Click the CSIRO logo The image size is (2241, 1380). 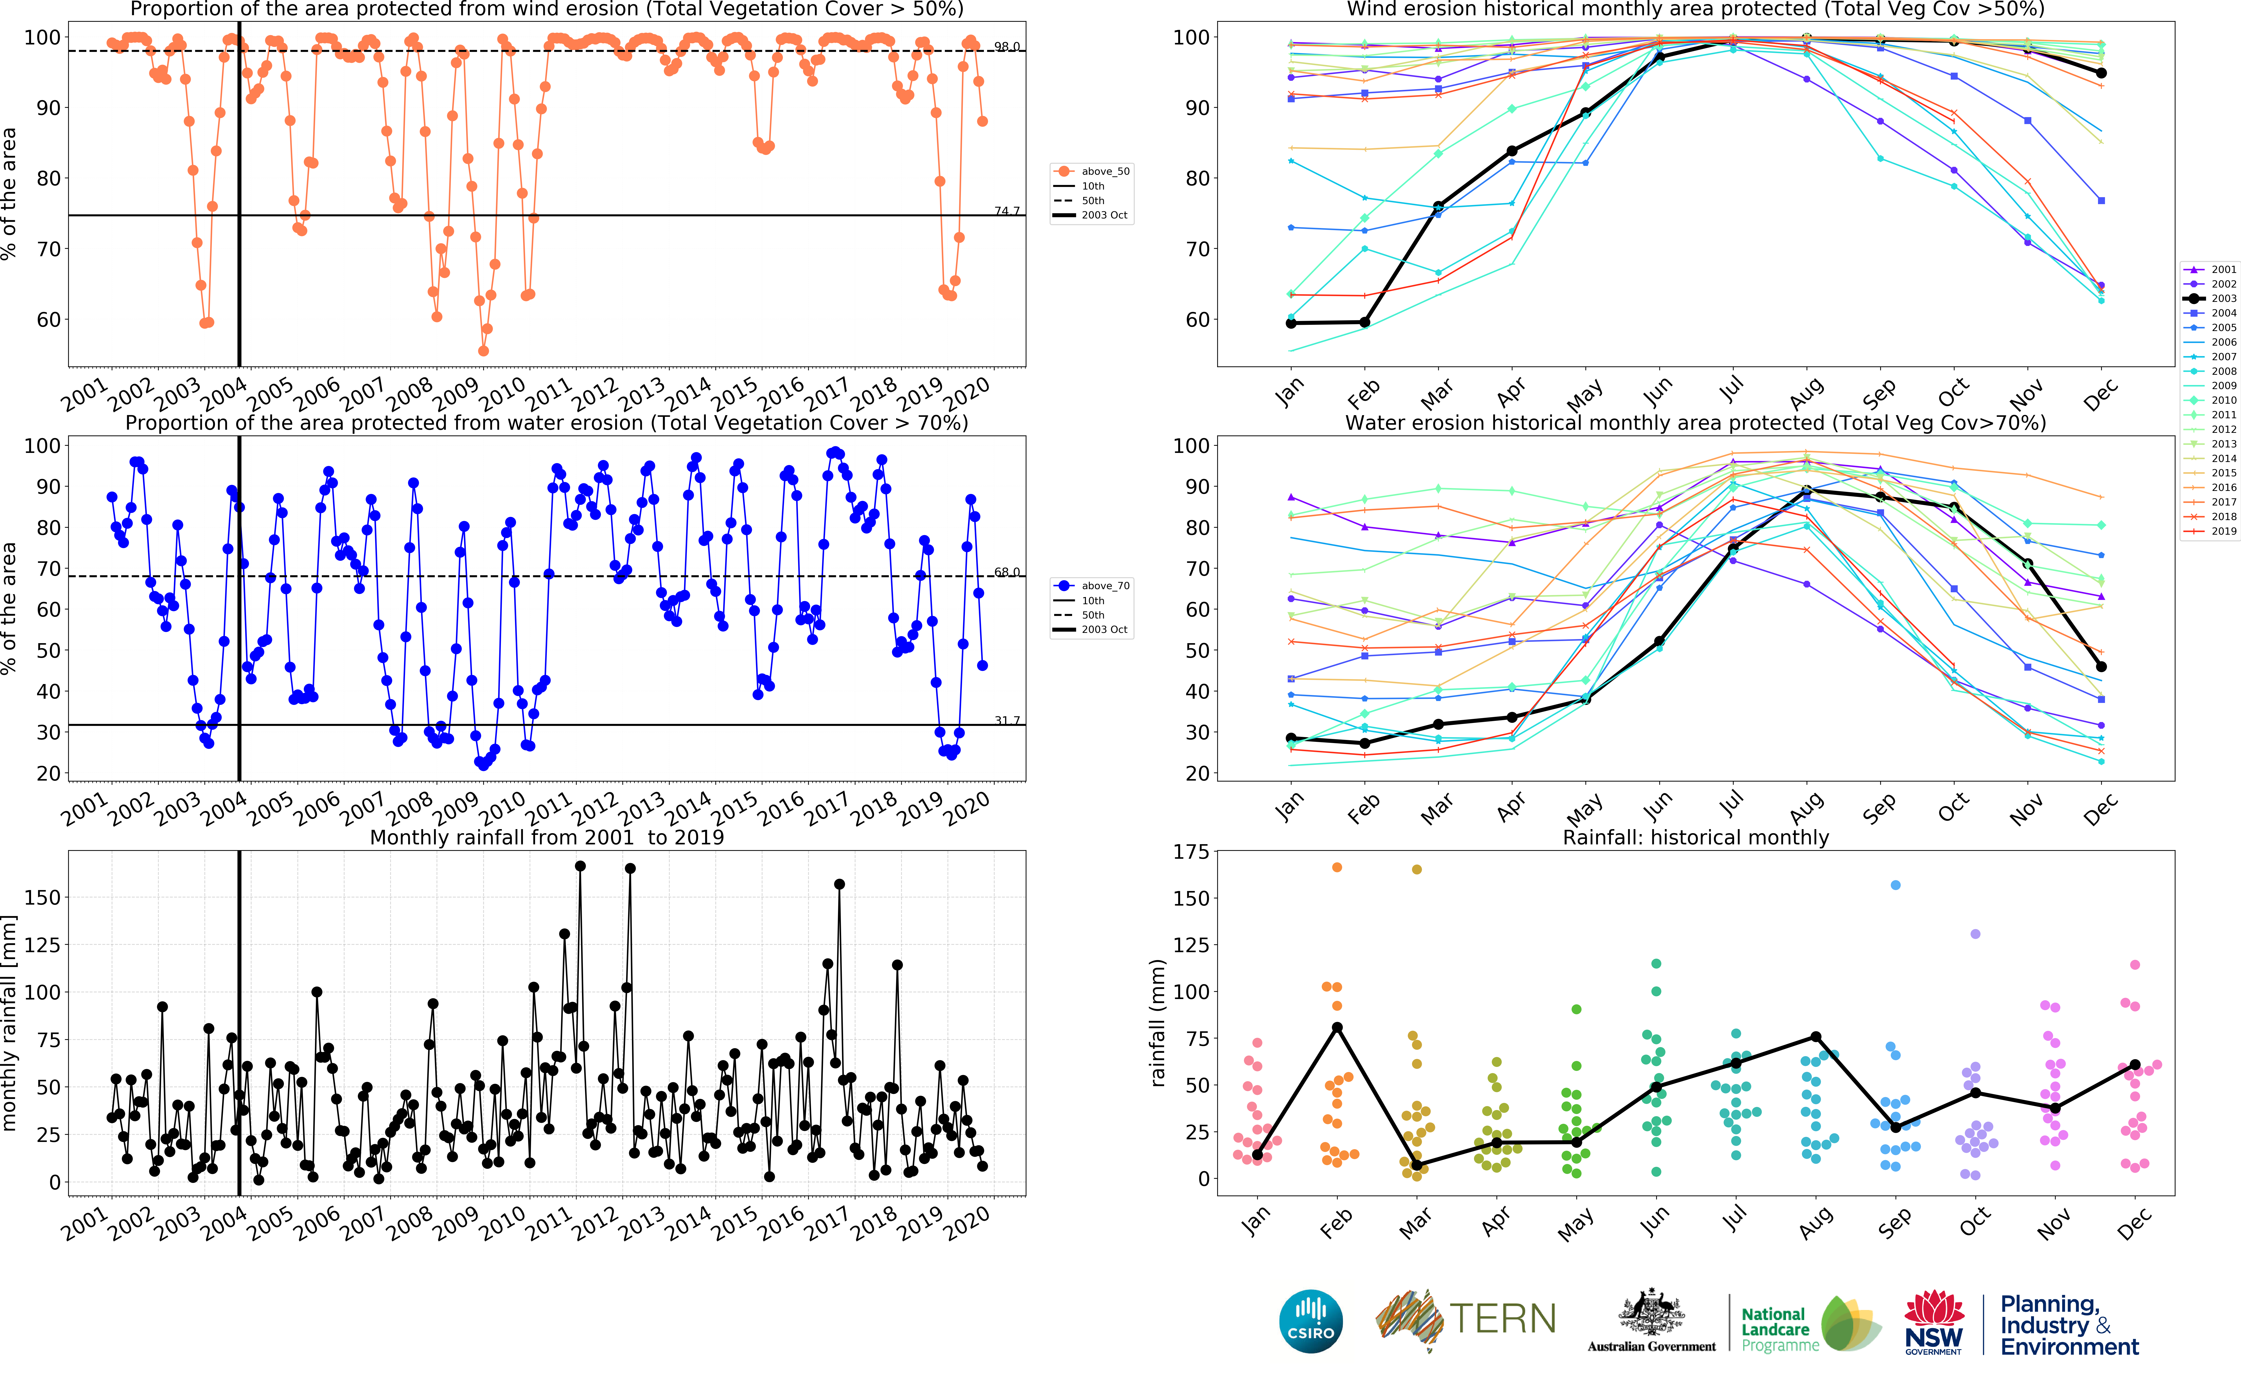pyautogui.click(x=1311, y=1321)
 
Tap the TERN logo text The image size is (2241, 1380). pyautogui.click(x=1502, y=1319)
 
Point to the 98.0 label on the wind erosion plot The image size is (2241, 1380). pyautogui.click(x=1007, y=47)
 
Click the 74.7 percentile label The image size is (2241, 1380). pyautogui.click(x=1007, y=211)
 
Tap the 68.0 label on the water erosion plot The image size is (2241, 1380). pyautogui.click(x=1007, y=572)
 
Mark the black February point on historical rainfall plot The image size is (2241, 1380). pyautogui.click(x=1337, y=1028)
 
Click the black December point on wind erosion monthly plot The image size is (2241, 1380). pyautogui.click(x=2101, y=73)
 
